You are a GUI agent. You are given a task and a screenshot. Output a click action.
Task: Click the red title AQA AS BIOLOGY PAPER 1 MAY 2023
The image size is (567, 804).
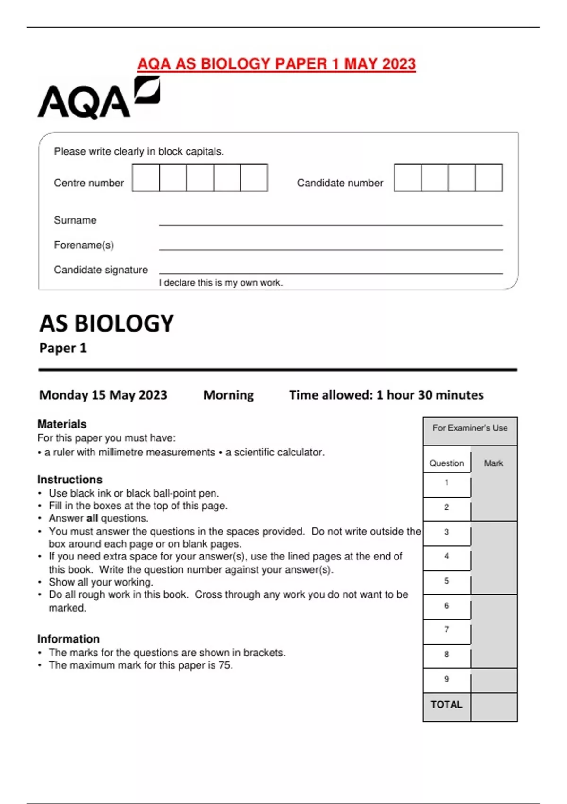tap(276, 64)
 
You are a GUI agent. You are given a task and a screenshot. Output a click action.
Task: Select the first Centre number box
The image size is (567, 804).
tap(146, 178)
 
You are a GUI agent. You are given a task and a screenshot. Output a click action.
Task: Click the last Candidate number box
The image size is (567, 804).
tap(489, 178)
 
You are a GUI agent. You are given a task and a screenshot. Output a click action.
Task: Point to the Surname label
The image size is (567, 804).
tap(75, 220)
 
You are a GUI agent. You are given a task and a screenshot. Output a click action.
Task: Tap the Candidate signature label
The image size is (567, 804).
tap(101, 270)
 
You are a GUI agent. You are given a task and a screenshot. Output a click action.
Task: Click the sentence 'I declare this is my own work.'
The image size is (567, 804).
tap(221, 283)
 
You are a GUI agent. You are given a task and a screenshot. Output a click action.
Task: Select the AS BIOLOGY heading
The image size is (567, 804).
tap(107, 324)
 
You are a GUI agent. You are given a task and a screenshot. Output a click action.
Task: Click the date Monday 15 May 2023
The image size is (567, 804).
tap(103, 395)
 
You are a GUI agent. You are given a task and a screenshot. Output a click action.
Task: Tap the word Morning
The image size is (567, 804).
tap(228, 395)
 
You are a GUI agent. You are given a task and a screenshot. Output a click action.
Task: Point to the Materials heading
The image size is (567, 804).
tap(62, 424)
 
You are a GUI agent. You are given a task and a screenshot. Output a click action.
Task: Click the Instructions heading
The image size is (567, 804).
tap(70, 480)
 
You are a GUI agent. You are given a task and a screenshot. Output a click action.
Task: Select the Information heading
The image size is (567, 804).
tap(69, 639)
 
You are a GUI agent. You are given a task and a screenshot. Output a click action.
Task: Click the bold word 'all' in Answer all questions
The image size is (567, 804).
tap(92, 518)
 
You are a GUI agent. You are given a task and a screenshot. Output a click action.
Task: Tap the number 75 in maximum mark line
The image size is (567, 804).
tap(225, 665)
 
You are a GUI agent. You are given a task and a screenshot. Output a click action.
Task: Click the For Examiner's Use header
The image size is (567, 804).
tap(470, 428)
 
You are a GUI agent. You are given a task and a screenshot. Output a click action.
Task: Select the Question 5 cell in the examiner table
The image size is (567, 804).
tap(447, 581)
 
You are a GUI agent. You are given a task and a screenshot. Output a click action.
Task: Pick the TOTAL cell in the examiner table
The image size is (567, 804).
tap(447, 705)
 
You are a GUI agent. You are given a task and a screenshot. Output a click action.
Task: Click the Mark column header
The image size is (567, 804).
tap(493, 463)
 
